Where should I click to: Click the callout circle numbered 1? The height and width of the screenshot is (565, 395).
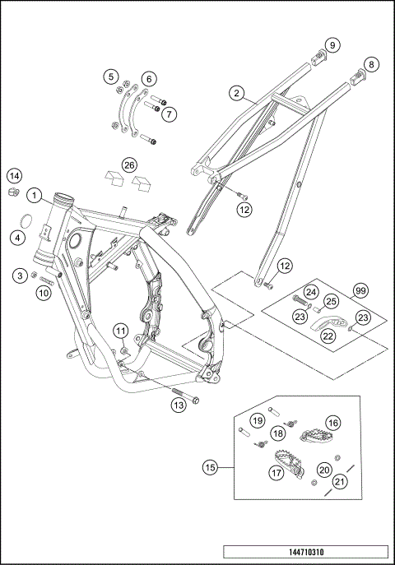tap(34, 195)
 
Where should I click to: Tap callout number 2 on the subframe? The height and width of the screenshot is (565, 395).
tap(237, 94)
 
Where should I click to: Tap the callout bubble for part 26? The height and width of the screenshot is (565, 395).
tap(129, 165)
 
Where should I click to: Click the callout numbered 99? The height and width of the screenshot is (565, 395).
tap(360, 291)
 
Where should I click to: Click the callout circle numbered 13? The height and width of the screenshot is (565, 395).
tap(178, 404)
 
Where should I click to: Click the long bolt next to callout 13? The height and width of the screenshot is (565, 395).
tap(185, 395)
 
